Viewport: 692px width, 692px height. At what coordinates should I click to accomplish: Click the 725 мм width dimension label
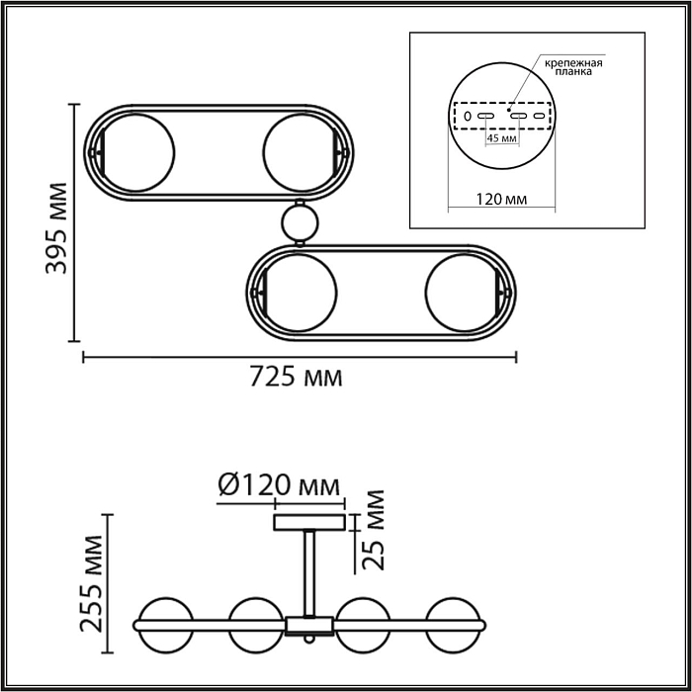point(296,377)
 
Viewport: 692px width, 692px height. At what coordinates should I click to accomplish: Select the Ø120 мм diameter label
point(278,485)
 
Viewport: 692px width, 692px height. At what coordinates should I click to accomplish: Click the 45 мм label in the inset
point(502,139)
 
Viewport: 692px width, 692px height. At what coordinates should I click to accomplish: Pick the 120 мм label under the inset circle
point(500,200)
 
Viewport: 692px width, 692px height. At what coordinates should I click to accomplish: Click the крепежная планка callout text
point(572,67)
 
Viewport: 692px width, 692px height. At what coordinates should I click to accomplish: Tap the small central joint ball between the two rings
point(300,222)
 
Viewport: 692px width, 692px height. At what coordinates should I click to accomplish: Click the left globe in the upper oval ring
point(139,153)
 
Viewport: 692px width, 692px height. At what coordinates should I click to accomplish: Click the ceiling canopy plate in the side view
point(309,522)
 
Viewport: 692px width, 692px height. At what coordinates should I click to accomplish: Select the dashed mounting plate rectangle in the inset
point(500,117)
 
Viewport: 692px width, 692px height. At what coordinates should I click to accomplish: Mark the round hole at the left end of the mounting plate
point(467,117)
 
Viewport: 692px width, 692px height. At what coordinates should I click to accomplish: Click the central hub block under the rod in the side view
point(309,624)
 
